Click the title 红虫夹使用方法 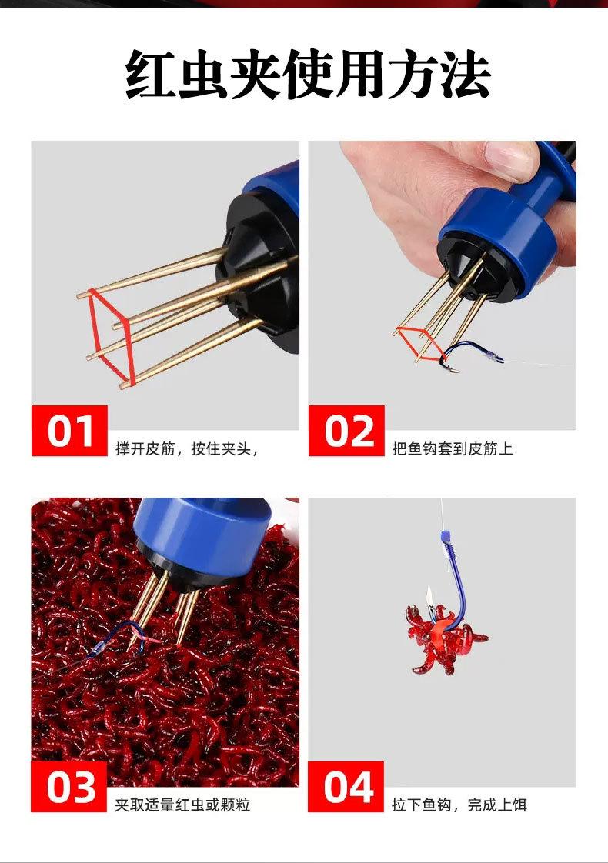click(x=308, y=75)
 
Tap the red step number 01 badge click(x=69, y=431)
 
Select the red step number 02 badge click(x=346, y=431)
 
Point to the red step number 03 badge click(x=69, y=787)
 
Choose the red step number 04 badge click(x=346, y=787)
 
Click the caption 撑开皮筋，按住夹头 click(x=186, y=448)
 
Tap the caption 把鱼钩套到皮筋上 click(x=452, y=448)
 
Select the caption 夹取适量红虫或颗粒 click(x=182, y=805)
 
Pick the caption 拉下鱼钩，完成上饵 click(x=459, y=805)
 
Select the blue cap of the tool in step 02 click(x=499, y=232)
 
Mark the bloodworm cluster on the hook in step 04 click(x=446, y=638)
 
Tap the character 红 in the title click(x=149, y=75)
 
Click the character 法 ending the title click(x=466, y=75)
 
